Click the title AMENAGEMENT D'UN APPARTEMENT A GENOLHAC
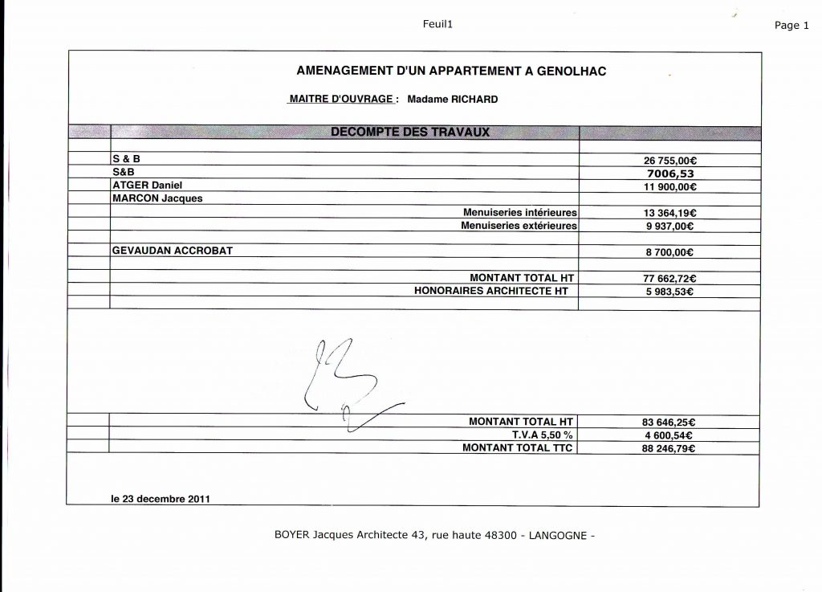[x=451, y=71]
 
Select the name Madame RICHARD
[x=453, y=100]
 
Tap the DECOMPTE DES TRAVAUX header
[x=410, y=132]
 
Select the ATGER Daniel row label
[x=149, y=185]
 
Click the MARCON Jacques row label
[x=157, y=198]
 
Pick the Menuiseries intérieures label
[x=520, y=213]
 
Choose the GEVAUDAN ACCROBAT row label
[x=173, y=251]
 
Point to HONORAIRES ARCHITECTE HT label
[x=491, y=291]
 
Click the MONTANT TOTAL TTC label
[x=518, y=447]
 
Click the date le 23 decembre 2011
[x=161, y=498]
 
